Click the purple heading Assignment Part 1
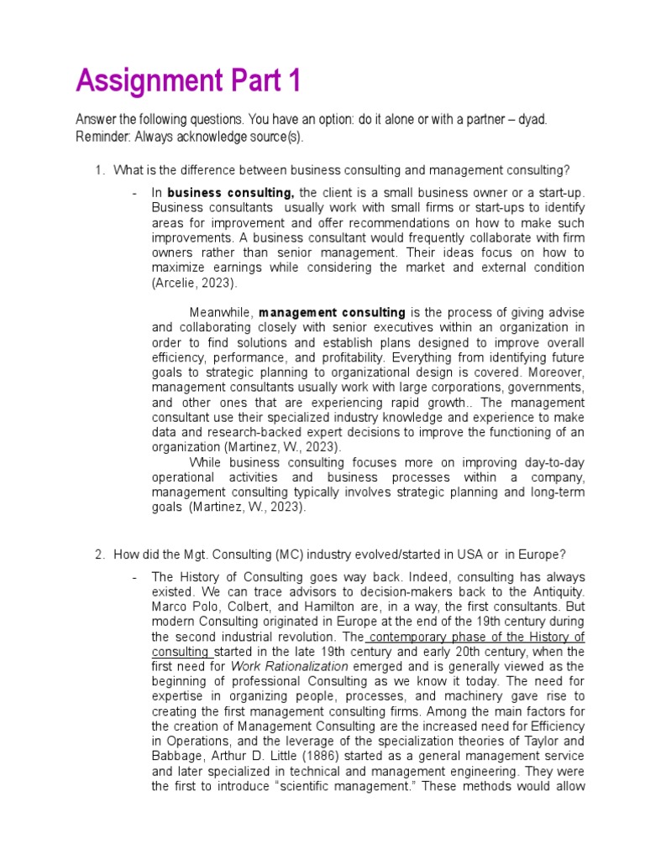click(x=187, y=81)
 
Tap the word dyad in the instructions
click(x=531, y=119)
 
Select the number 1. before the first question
click(x=99, y=171)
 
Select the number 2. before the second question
click(x=99, y=554)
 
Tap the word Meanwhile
click(x=221, y=313)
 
